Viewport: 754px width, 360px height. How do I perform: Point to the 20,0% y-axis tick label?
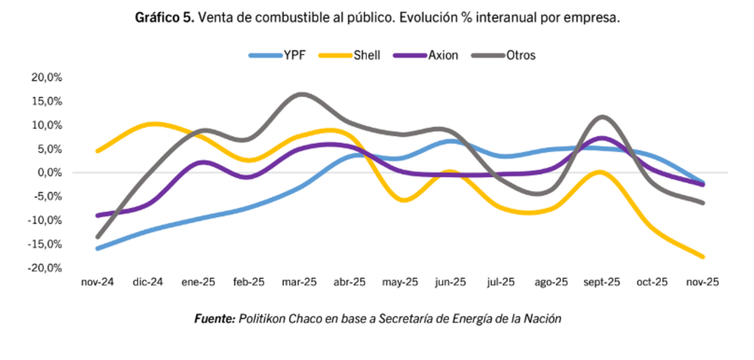click(46, 77)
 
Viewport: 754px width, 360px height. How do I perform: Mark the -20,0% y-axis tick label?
click(45, 268)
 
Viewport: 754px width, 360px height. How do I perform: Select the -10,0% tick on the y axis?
click(45, 220)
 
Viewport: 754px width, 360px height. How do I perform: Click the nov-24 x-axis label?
click(98, 283)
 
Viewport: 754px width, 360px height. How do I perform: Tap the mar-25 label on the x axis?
click(300, 283)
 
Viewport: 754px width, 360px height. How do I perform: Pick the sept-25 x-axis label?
click(602, 283)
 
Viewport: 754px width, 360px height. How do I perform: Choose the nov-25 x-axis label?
click(703, 283)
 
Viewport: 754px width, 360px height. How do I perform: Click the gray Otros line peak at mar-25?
click(301, 94)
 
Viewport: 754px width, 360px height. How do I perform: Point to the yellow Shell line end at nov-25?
click(702, 256)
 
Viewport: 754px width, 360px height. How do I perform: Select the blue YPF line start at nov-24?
click(98, 248)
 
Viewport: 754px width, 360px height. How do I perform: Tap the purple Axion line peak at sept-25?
click(602, 138)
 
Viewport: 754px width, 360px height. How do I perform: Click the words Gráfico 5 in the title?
click(165, 18)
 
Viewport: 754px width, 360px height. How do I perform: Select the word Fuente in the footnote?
click(214, 319)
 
